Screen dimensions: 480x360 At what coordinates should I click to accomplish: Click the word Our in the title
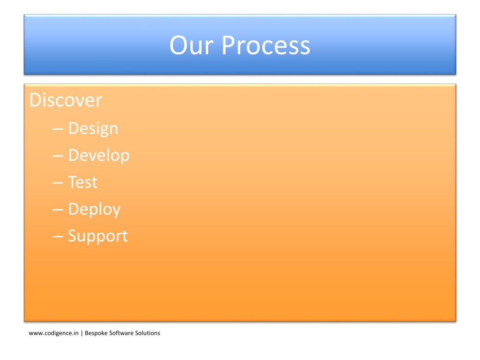pos(191,45)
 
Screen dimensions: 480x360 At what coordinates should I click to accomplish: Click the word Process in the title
pos(266,45)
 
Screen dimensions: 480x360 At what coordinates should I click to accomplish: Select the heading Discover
pos(66,100)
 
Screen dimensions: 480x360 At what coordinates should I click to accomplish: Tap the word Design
pos(93,128)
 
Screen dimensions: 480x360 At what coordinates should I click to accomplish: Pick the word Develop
pos(99,156)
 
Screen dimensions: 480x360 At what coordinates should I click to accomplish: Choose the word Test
pos(82,182)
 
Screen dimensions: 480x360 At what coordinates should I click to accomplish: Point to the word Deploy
pos(94,210)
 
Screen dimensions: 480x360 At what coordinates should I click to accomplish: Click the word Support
pos(97,236)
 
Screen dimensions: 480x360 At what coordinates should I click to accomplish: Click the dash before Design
pos(58,129)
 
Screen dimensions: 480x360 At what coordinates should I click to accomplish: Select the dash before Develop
pos(58,156)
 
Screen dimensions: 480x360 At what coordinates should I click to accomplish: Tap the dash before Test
pos(58,183)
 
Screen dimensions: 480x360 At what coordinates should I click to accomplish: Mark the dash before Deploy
pos(58,210)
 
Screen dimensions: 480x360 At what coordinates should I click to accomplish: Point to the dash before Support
pos(58,237)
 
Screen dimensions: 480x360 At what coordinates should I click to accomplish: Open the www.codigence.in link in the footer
pos(53,333)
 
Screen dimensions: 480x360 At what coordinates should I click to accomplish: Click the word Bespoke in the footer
pos(96,333)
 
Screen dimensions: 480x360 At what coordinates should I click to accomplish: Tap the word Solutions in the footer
pos(148,333)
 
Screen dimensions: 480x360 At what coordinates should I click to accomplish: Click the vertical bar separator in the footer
pos(82,333)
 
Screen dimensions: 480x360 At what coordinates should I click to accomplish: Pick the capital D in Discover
pos(36,100)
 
